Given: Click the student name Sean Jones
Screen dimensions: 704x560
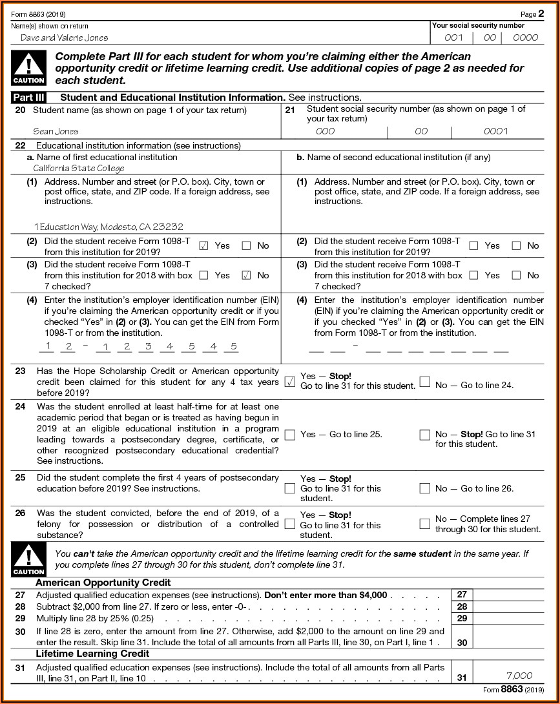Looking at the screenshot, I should click(x=56, y=132).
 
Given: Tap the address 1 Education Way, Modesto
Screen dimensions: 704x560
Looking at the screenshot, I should click(x=109, y=227).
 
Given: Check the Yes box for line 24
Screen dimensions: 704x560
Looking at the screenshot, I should click(x=290, y=435).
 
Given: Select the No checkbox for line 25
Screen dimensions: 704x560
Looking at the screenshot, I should click(x=424, y=488).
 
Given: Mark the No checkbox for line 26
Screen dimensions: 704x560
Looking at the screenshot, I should click(x=424, y=524).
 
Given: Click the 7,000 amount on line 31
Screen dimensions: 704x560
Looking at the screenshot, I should click(x=519, y=676).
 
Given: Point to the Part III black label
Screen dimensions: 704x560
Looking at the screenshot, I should click(x=28, y=98).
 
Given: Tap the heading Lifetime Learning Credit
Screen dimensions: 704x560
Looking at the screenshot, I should click(x=92, y=654).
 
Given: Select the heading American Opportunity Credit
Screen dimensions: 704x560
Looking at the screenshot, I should click(x=103, y=583).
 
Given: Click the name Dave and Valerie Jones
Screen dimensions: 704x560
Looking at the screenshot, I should click(x=64, y=37).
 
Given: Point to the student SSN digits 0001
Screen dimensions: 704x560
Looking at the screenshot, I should click(x=495, y=132).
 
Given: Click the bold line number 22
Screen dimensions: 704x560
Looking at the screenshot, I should click(x=20, y=146).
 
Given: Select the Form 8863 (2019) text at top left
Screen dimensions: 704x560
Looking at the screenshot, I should click(x=38, y=14).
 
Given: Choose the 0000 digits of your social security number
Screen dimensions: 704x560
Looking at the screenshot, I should click(x=524, y=37).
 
